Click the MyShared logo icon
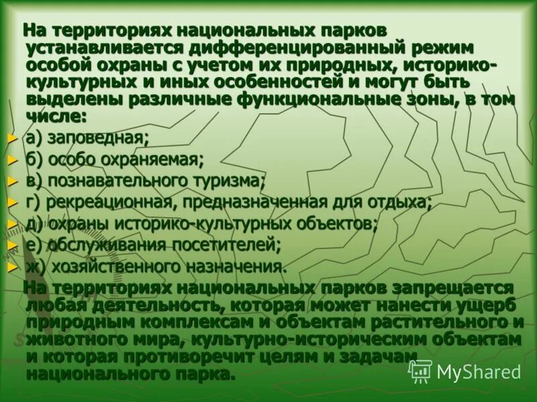420,371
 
